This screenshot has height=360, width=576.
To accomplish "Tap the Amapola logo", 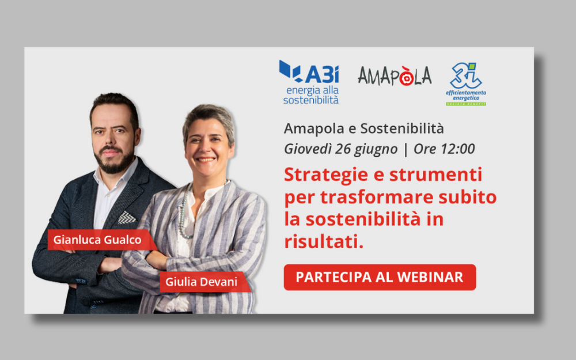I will click(395, 75).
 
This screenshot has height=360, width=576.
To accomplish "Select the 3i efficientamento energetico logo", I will click(465, 83).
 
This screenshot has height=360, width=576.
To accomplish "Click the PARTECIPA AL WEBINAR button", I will click(380, 277).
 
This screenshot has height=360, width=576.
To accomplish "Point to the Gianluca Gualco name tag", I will click(97, 240).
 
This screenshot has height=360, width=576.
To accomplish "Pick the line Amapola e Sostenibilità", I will click(363, 128).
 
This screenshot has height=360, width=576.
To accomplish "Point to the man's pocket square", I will click(127, 217).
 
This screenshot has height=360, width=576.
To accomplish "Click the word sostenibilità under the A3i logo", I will click(311, 100).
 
